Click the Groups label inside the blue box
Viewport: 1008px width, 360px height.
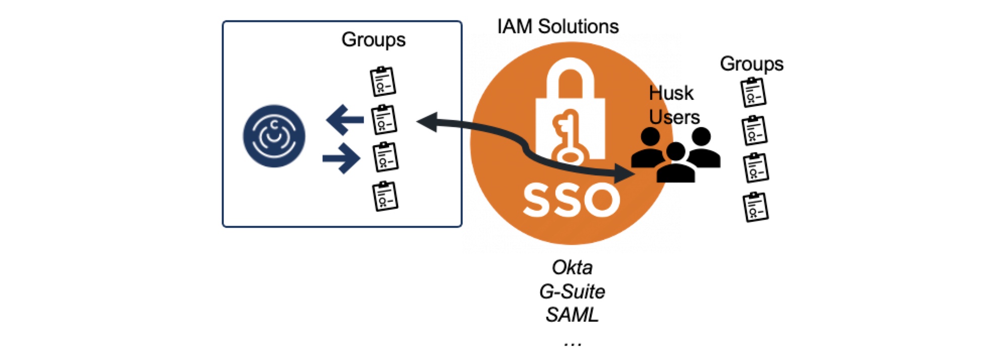[373, 40]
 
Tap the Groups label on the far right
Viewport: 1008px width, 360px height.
[751, 64]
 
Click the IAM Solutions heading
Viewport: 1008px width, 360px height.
[557, 27]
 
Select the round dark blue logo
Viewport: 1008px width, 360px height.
[274, 136]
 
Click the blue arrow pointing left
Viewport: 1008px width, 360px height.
[345, 119]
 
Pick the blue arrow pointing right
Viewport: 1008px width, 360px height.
[342, 158]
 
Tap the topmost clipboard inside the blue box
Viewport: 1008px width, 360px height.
[383, 81]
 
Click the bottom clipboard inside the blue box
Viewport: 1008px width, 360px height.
[385, 196]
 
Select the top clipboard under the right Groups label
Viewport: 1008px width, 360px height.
[753, 92]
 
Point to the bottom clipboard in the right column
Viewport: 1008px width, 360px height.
[755, 207]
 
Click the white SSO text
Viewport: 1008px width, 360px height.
[571, 200]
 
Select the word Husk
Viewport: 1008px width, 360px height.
[671, 93]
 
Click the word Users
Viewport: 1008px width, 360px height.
[674, 117]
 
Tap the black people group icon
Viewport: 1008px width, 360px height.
[675, 154]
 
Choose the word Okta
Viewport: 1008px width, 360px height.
[572, 268]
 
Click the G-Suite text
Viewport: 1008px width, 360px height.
[572, 291]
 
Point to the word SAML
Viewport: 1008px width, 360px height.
[572, 315]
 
